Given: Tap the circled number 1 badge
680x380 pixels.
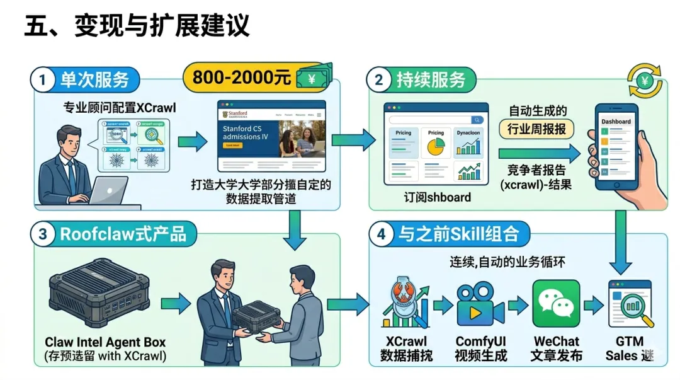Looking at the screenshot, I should tap(43, 79).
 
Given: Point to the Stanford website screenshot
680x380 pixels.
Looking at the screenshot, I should tap(271, 135).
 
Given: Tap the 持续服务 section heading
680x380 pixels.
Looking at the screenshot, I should tap(431, 80).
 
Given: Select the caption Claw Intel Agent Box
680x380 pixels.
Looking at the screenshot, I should tap(105, 342).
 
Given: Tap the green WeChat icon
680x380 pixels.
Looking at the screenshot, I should tap(556, 304).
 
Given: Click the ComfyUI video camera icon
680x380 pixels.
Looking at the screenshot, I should tap(480, 305).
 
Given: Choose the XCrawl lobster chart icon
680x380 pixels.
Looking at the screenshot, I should tap(406, 306).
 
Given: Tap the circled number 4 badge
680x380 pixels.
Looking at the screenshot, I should tap(380, 234).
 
